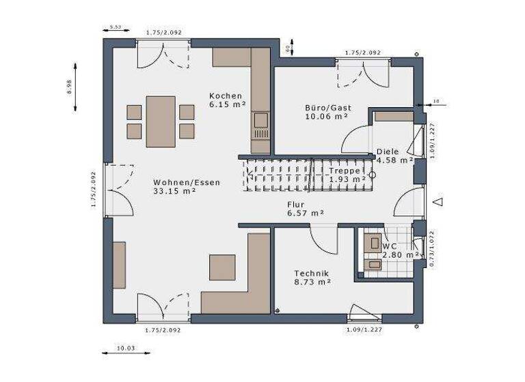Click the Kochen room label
click(226, 95)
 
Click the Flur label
click(296, 204)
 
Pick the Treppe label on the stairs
click(344, 171)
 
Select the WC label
click(390, 246)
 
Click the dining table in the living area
click(161, 121)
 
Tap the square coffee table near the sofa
click(222, 267)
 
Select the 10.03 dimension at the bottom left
click(124, 349)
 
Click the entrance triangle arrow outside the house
click(439, 201)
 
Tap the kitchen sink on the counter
click(260, 121)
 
